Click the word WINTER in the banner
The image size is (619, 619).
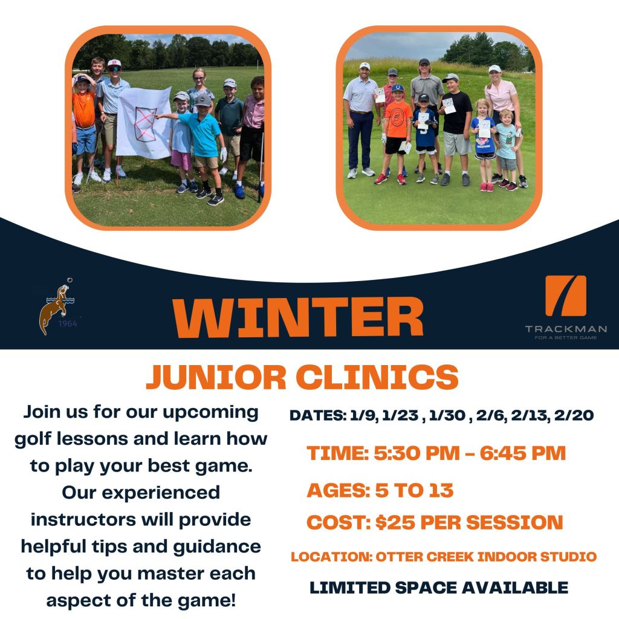tap(297, 317)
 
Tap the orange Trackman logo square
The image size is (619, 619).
tap(566, 296)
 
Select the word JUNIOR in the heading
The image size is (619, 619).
tap(216, 377)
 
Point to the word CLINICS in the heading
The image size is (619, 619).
tap(377, 377)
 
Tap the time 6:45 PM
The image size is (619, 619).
tap(523, 453)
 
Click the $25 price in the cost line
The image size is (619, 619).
tap(395, 522)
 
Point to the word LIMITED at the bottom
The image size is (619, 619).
tap(350, 588)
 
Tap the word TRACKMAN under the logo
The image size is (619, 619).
tap(566, 329)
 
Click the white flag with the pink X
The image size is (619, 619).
tap(144, 123)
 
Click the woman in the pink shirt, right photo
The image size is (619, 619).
tap(504, 118)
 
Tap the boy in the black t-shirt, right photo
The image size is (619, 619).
tap(456, 128)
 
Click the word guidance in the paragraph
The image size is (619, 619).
tap(217, 547)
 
